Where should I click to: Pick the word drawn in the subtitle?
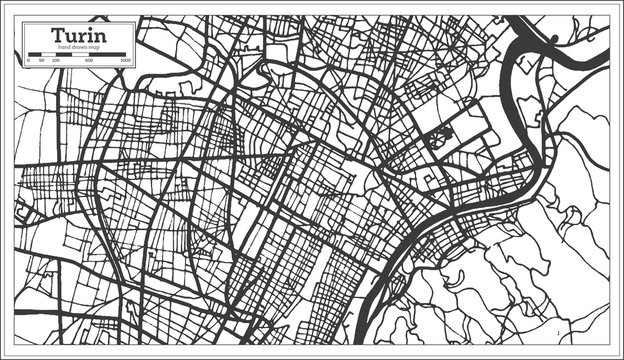coord(79,49)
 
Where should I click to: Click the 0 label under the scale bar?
coord(28,60)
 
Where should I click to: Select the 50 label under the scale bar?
coord(41,60)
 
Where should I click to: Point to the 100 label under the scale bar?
coord(55,60)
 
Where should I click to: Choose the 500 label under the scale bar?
coord(90,60)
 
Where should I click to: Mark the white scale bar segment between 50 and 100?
coord(48,56)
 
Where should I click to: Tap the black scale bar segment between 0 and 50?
coord(34,56)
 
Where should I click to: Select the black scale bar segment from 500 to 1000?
coord(109,56)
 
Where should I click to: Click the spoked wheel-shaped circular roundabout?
coord(439,139)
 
